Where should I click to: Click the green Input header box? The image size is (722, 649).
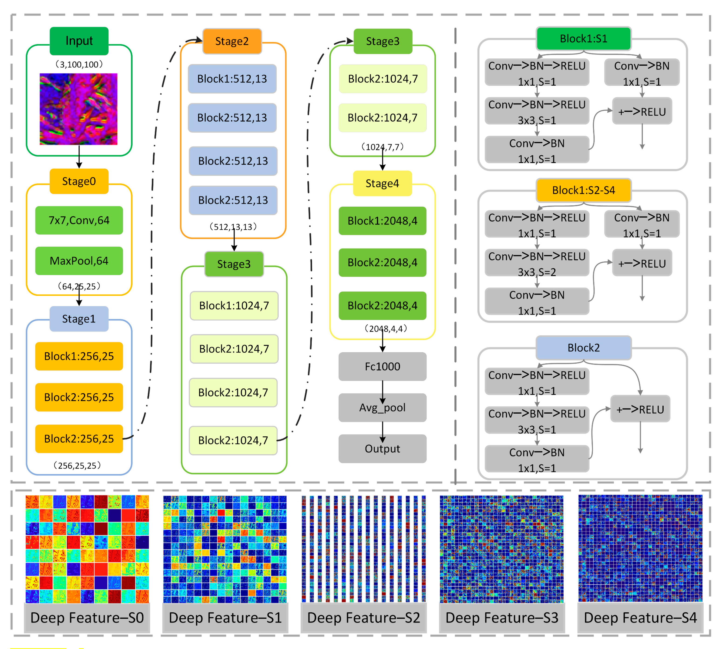[79, 41]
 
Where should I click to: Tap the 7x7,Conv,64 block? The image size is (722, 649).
[79, 220]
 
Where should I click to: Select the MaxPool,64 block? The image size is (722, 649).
[79, 261]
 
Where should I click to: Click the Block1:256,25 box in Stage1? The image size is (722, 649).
[79, 356]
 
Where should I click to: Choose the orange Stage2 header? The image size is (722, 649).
[232, 41]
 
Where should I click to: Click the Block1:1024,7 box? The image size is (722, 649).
[234, 306]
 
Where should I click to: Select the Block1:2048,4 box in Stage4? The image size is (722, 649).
[382, 221]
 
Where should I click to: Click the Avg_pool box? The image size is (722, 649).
[382, 407]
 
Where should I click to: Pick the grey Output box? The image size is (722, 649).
[382, 448]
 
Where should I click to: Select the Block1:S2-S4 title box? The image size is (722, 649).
[584, 190]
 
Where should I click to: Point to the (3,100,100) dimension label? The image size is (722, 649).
[79, 64]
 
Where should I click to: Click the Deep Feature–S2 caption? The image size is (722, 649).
[363, 618]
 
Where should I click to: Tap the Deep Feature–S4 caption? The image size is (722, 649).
[640, 618]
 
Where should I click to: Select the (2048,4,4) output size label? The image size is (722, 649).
[385, 328]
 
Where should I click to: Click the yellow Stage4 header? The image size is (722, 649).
[382, 183]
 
